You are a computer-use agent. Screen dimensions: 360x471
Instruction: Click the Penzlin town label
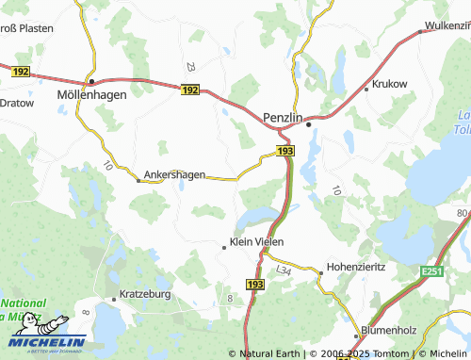coord(283,107)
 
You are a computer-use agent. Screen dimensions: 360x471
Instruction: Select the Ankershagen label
coord(174,174)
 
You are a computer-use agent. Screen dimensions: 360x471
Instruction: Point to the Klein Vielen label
coord(257,243)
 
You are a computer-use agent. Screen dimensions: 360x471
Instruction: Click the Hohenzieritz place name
coord(355,267)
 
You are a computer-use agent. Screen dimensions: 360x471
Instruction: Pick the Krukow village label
coord(391,84)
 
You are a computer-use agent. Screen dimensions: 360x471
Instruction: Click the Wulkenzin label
coord(447,26)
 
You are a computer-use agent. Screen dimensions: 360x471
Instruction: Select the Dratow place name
coord(16,102)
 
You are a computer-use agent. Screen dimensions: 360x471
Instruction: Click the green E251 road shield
coord(432,271)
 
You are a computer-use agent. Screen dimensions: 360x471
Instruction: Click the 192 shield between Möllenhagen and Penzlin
coord(190,90)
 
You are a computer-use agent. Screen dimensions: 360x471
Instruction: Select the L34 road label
coord(284,270)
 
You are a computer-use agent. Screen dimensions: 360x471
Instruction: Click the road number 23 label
coord(191,67)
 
